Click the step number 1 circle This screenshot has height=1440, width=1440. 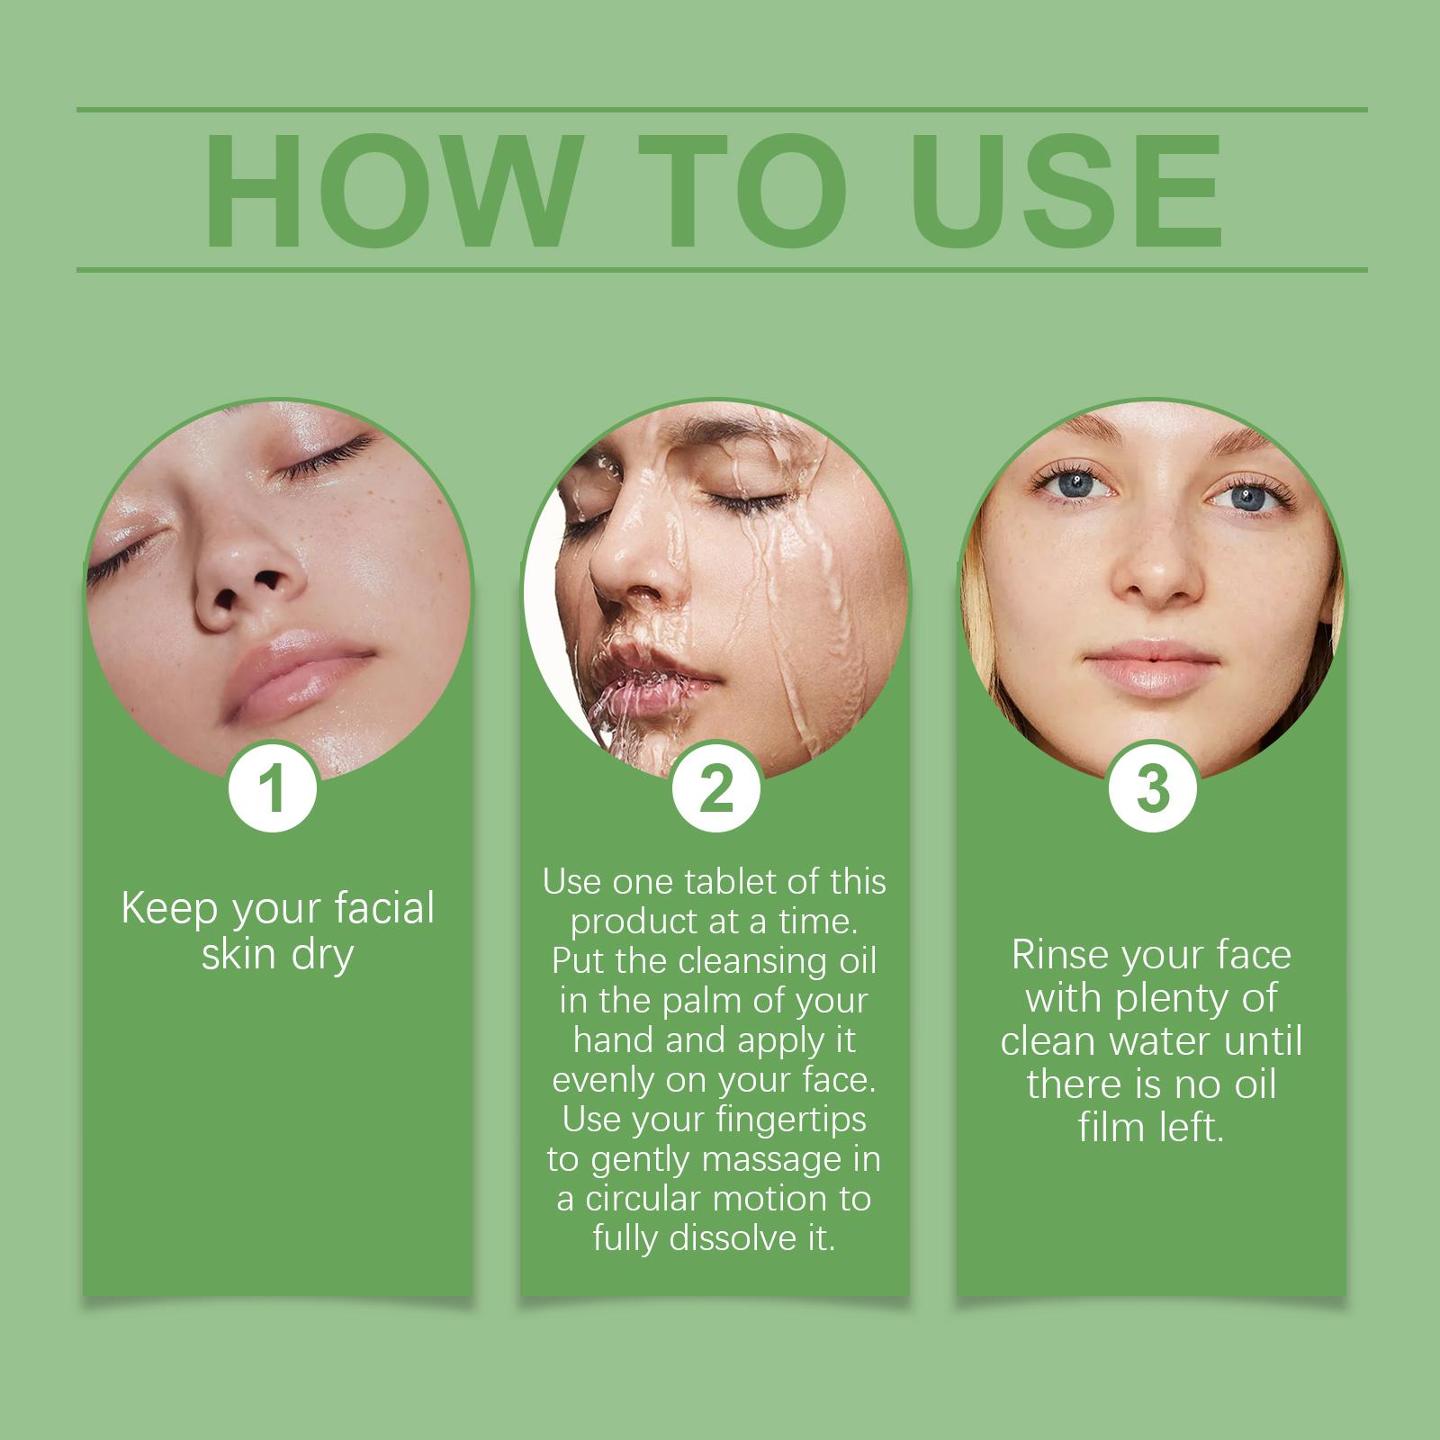(272, 788)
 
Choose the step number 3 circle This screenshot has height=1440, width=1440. (1153, 788)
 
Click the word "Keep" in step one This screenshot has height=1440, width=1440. (170, 910)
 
